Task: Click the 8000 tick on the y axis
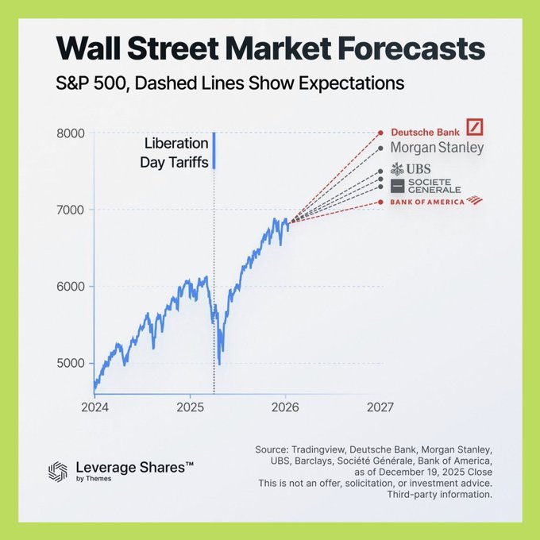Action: point(71,133)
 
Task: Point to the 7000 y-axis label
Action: point(71,210)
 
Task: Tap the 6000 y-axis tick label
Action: point(71,287)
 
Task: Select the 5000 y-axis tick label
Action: point(71,364)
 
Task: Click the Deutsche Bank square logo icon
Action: point(475,127)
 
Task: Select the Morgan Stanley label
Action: point(437,148)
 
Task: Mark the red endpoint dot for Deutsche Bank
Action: point(381,133)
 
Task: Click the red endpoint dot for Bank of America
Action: point(381,202)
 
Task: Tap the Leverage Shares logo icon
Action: point(58,471)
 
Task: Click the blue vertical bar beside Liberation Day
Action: point(214,151)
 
